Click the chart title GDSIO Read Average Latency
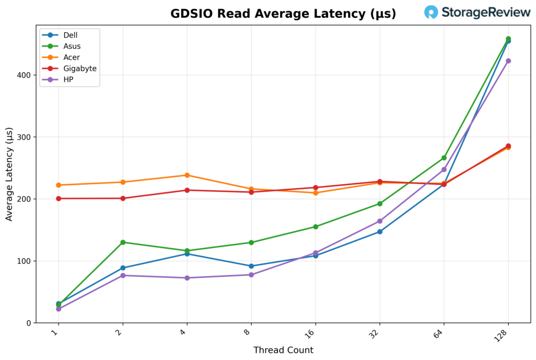pyautogui.click(x=283, y=14)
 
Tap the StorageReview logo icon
pyautogui.click(x=431, y=13)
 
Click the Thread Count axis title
pyautogui.click(x=283, y=350)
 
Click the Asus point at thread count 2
pyautogui.click(x=123, y=242)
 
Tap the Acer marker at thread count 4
pyautogui.click(x=187, y=175)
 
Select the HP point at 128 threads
pyautogui.click(x=508, y=61)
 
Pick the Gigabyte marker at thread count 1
pyautogui.click(x=59, y=198)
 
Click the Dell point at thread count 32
pyautogui.click(x=379, y=231)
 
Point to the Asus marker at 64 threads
pyautogui.click(x=444, y=157)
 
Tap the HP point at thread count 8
pyautogui.click(x=251, y=275)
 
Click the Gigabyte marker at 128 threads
pyautogui.click(x=508, y=146)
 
